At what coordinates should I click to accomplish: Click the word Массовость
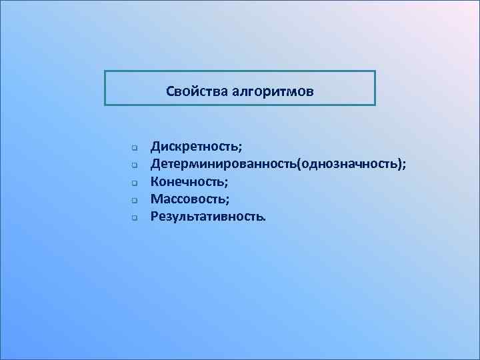[189, 198]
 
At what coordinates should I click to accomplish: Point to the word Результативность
[206, 216]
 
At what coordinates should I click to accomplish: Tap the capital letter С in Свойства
[170, 89]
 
